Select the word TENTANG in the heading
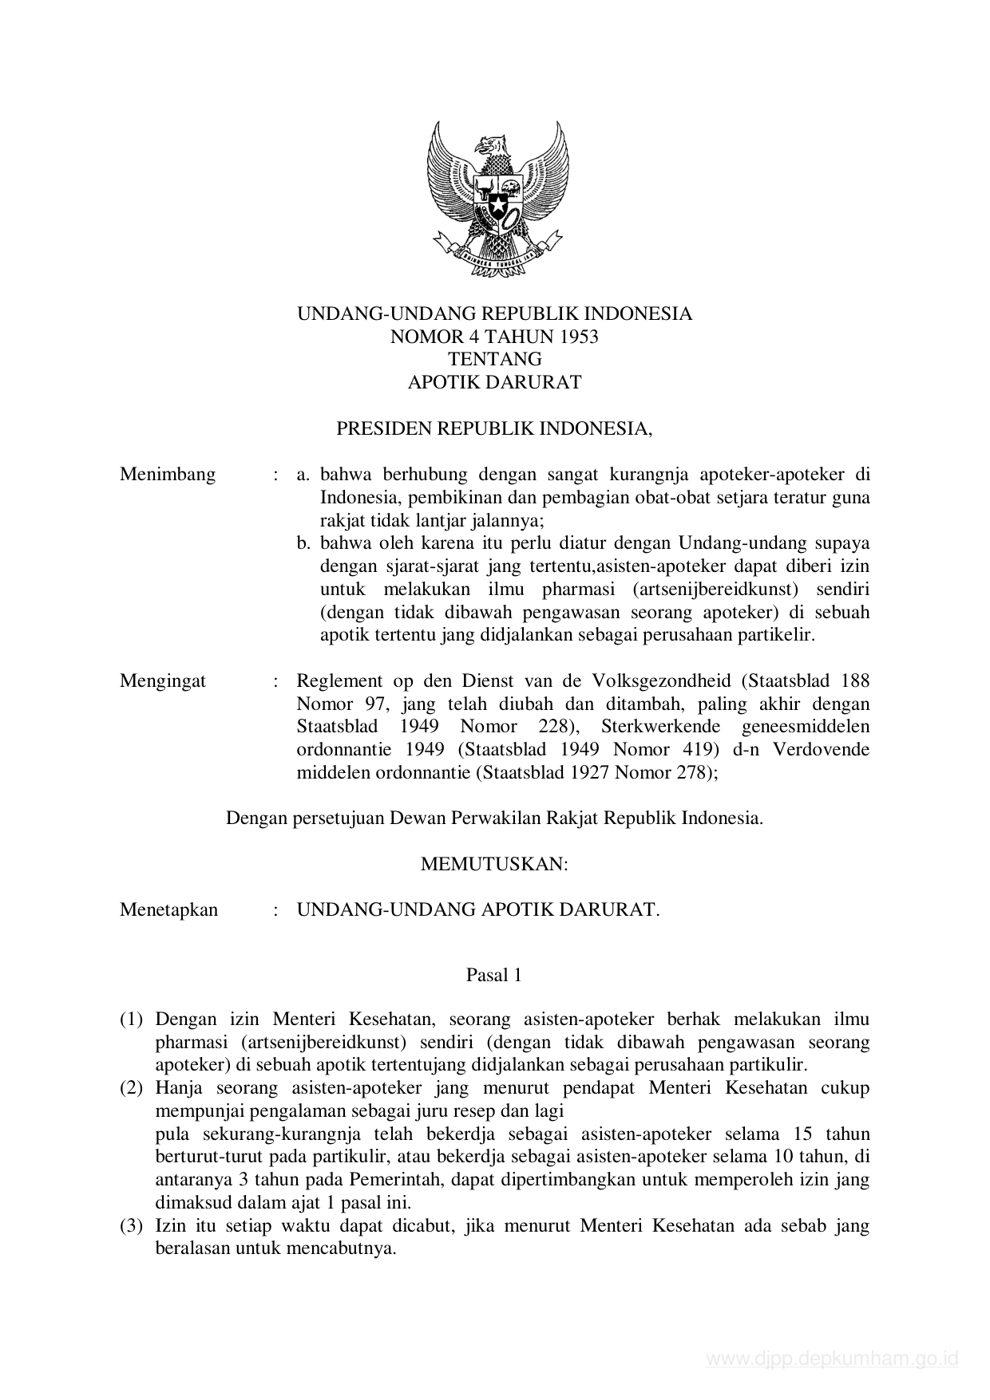(494, 359)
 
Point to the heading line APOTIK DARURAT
(494, 381)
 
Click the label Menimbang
(168, 475)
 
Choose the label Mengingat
(163, 680)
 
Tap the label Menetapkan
(168, 909)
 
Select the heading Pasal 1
(494, 975)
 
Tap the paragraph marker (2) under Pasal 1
(131, 1088)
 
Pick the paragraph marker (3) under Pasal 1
(131, 1225)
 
